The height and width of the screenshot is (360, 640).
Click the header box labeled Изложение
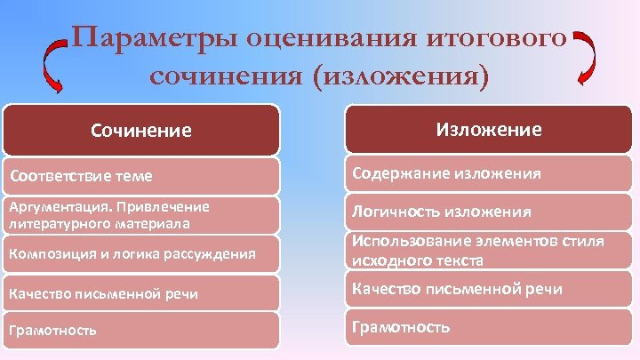click(489, 130)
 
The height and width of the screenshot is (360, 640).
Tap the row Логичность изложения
click(489, 212)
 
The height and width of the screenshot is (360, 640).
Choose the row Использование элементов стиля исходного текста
click(489, 251)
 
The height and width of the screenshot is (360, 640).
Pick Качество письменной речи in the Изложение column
click(489, 289)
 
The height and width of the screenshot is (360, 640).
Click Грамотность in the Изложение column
click(489, 327)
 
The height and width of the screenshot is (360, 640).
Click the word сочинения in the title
click(223, 74)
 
